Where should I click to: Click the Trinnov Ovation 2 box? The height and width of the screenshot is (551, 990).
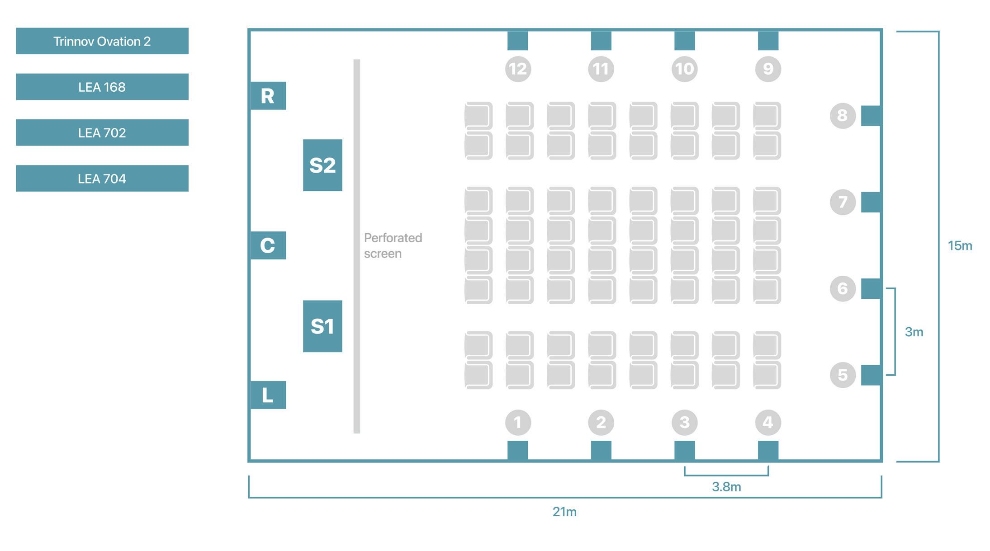click(102, 41)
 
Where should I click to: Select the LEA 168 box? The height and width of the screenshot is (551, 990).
click(102, 87)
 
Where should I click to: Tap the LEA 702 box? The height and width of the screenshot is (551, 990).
click(102, 132)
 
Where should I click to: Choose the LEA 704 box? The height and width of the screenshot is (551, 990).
click(102, 179)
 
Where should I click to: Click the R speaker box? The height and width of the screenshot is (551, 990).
click(268, 96)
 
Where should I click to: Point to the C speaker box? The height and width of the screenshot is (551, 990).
click(268, 245)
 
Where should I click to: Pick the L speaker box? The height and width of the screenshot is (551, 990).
click(268, 395)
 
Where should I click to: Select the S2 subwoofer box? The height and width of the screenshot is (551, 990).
click(322, 165)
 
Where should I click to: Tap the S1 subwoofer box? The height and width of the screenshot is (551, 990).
click(322, 326)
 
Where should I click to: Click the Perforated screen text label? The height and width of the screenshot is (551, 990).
click(393, 245)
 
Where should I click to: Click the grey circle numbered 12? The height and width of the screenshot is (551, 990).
click(518, 69)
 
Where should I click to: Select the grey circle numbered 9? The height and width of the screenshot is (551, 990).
click(768, 69)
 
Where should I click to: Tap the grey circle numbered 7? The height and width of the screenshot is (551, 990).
click(843, 202)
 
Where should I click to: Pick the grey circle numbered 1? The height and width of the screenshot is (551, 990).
click(518, 423)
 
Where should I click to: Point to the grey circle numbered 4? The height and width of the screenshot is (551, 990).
click(768, 423)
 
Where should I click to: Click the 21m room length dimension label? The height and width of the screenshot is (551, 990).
click(564, 512)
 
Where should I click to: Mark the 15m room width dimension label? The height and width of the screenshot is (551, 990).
click(960, 246)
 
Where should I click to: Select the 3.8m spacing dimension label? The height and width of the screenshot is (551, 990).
click(726, 487)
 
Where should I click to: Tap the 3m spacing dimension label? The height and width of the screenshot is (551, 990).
click(914, 332)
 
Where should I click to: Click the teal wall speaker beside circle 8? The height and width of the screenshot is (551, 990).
click(871, 116)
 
